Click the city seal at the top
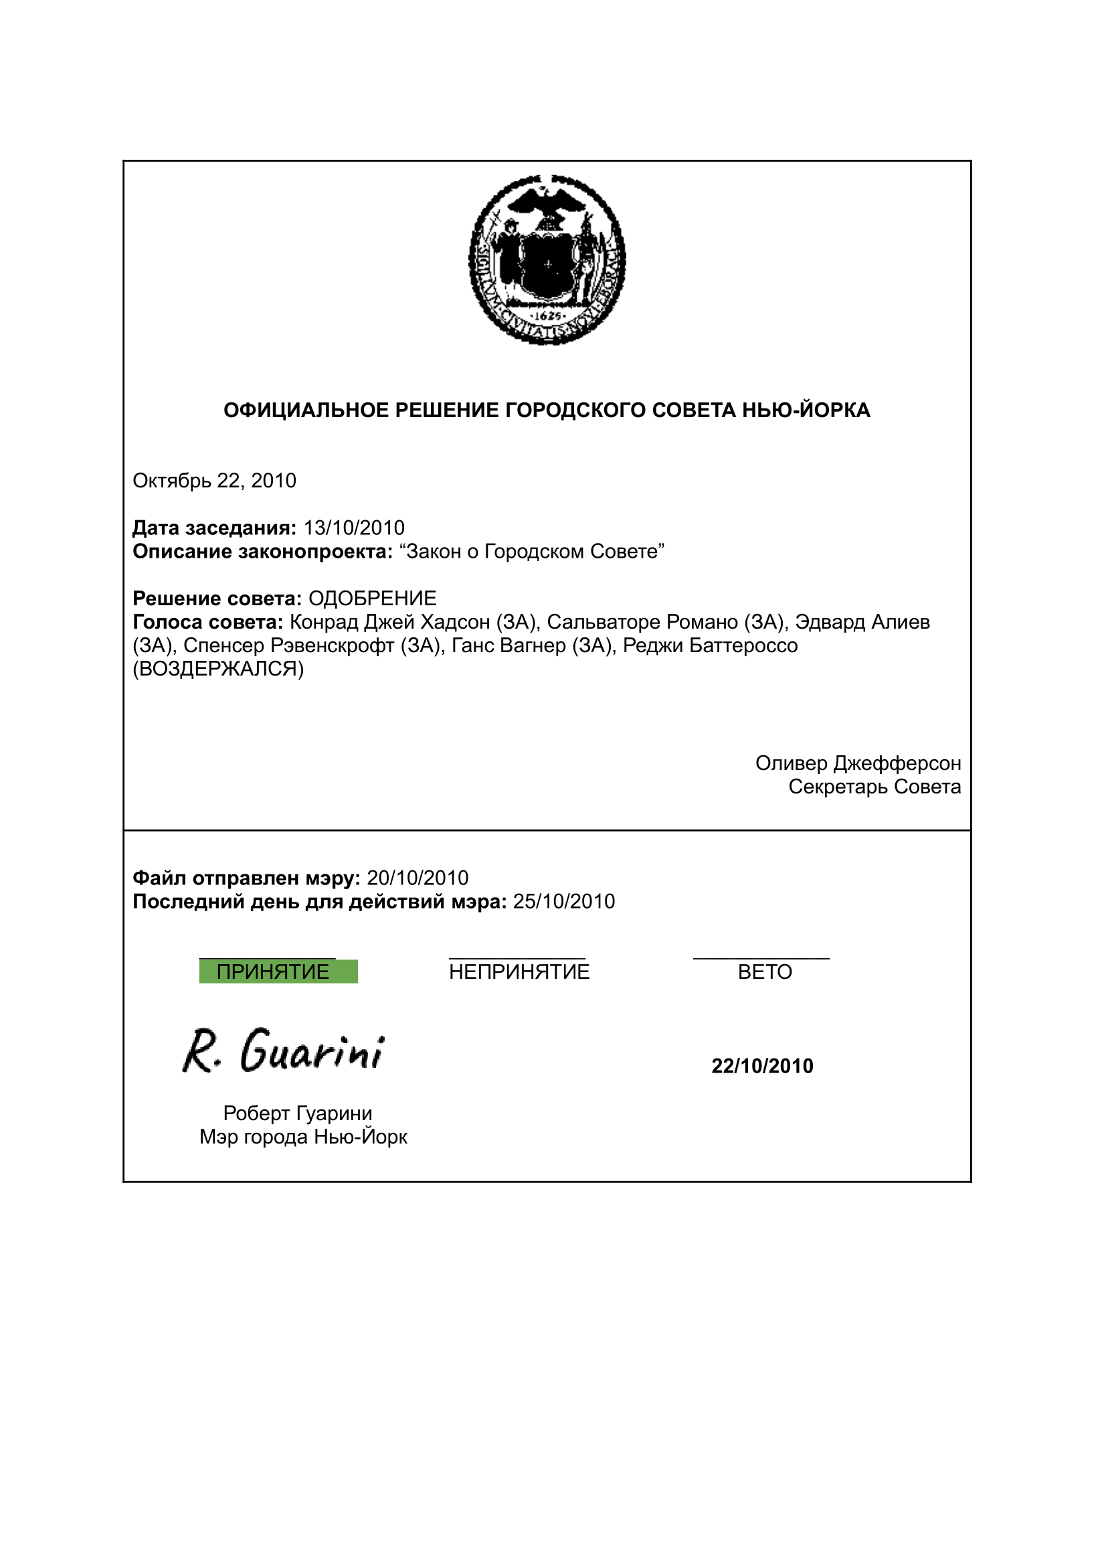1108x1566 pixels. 547,259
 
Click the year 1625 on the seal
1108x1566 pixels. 547,316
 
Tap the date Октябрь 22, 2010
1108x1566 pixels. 214,481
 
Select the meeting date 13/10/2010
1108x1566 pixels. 354,528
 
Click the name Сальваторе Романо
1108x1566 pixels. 642,622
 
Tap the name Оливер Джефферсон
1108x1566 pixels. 858,763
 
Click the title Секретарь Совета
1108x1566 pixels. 874,787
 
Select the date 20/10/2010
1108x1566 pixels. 418,878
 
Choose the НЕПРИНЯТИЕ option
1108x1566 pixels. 519,971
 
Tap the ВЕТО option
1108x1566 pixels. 765,971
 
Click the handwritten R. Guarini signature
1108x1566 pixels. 283,1052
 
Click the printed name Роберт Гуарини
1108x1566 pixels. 298,1113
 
